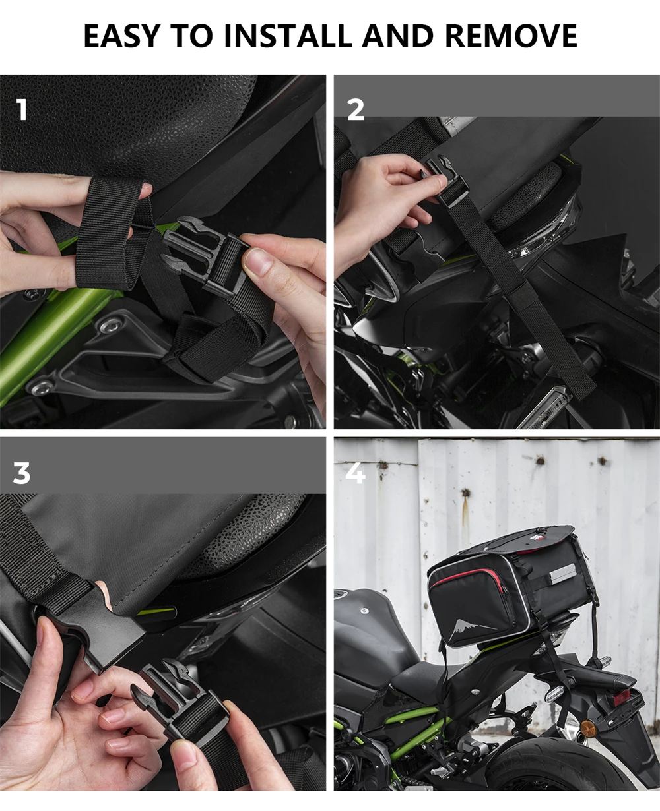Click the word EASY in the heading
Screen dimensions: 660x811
[121, 36]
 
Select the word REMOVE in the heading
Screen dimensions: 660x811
[511, 36]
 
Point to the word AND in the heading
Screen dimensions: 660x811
[398, 36]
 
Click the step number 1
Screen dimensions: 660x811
[22, 109]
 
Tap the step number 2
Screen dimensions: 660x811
[356, 109]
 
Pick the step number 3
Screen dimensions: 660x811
[21, 473]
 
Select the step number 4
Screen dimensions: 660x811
[355, 473]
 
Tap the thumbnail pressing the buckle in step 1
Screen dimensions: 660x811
[258, 262]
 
